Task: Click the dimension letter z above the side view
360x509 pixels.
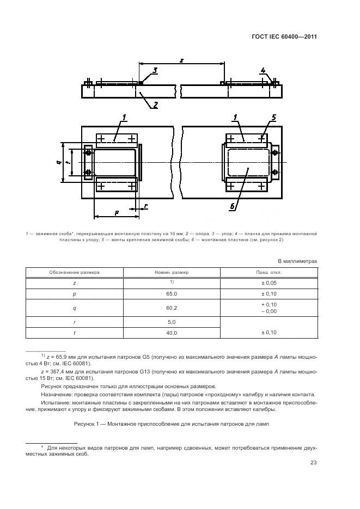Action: (180, 60)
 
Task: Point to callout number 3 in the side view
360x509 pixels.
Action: (155, 70)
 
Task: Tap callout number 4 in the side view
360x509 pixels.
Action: (263, 70)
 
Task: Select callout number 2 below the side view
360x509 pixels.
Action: (155, 105)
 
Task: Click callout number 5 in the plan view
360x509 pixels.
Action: (274, 118)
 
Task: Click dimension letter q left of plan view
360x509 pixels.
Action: (58, 162)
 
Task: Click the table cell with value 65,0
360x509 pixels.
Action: (172, 293)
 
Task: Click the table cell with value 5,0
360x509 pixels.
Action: (172, 322)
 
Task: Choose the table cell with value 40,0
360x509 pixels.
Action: (172, 332)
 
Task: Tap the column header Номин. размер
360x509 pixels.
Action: (172, 272)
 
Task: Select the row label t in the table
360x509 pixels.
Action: (75, 332)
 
